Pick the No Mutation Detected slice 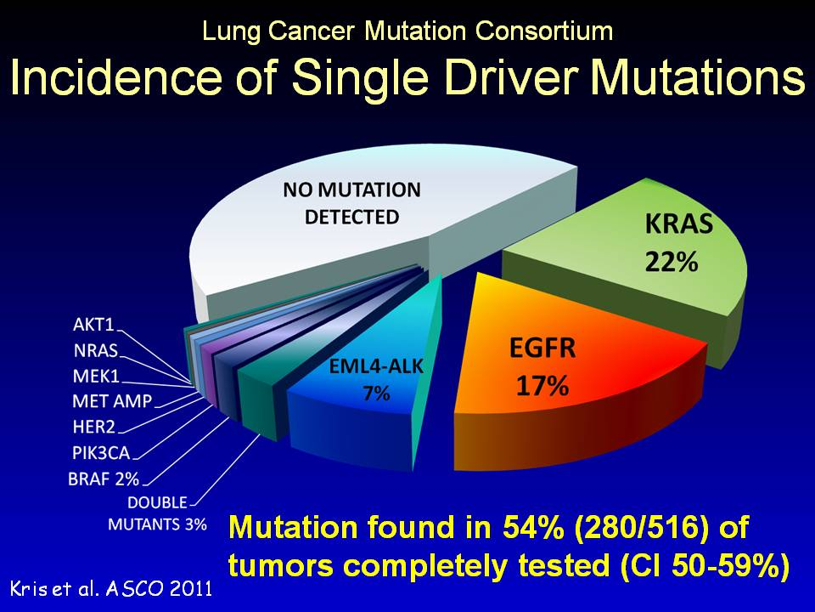(364, 229)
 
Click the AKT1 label (93, 325)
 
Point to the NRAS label (96, 350)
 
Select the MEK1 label (96, 376)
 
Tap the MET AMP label (112, 401)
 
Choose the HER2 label (94, 427)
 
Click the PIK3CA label (101, 453)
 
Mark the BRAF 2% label (104, 479)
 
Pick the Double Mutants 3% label (158, 513)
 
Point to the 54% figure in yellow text (533, 527)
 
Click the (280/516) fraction (640, 528)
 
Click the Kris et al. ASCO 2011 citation (111, 588)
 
